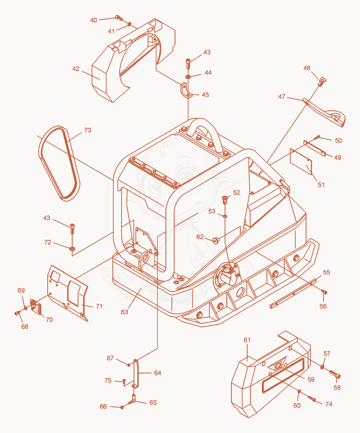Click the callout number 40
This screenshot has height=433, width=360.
(94, 20)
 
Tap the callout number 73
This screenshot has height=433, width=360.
(87, 130)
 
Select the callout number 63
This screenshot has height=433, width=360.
(125, 312)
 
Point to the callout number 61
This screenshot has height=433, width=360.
(247, 340)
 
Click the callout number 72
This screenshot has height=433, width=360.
(48, 242)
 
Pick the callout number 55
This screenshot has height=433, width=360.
(326, 272)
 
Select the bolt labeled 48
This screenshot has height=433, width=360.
(322, 82)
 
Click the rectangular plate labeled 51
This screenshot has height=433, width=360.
(301, 162)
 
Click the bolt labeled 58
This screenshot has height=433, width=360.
(335, 374)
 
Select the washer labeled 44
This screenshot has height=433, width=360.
(188, 76)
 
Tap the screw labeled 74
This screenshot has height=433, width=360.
(312, 398)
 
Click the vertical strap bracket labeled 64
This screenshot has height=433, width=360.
(135, 373)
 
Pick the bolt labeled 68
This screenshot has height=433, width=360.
(18, 313)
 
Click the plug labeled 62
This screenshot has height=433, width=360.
(216, 239)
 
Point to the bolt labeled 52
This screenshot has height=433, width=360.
(225, 199)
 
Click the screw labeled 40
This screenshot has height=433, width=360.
(119, 18)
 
